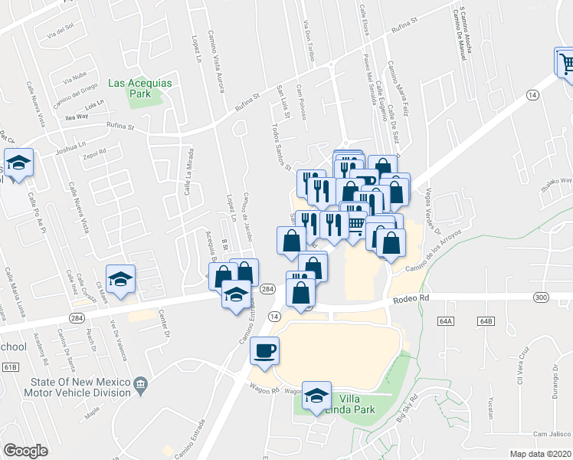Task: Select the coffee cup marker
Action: click(265, 352)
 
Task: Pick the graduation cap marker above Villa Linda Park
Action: click(316, 396)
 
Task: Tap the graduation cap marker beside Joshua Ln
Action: click(17, 163)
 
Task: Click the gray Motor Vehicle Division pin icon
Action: click(140, 383)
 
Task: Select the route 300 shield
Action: click(542, 297)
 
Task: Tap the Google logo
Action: click(25, 450)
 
